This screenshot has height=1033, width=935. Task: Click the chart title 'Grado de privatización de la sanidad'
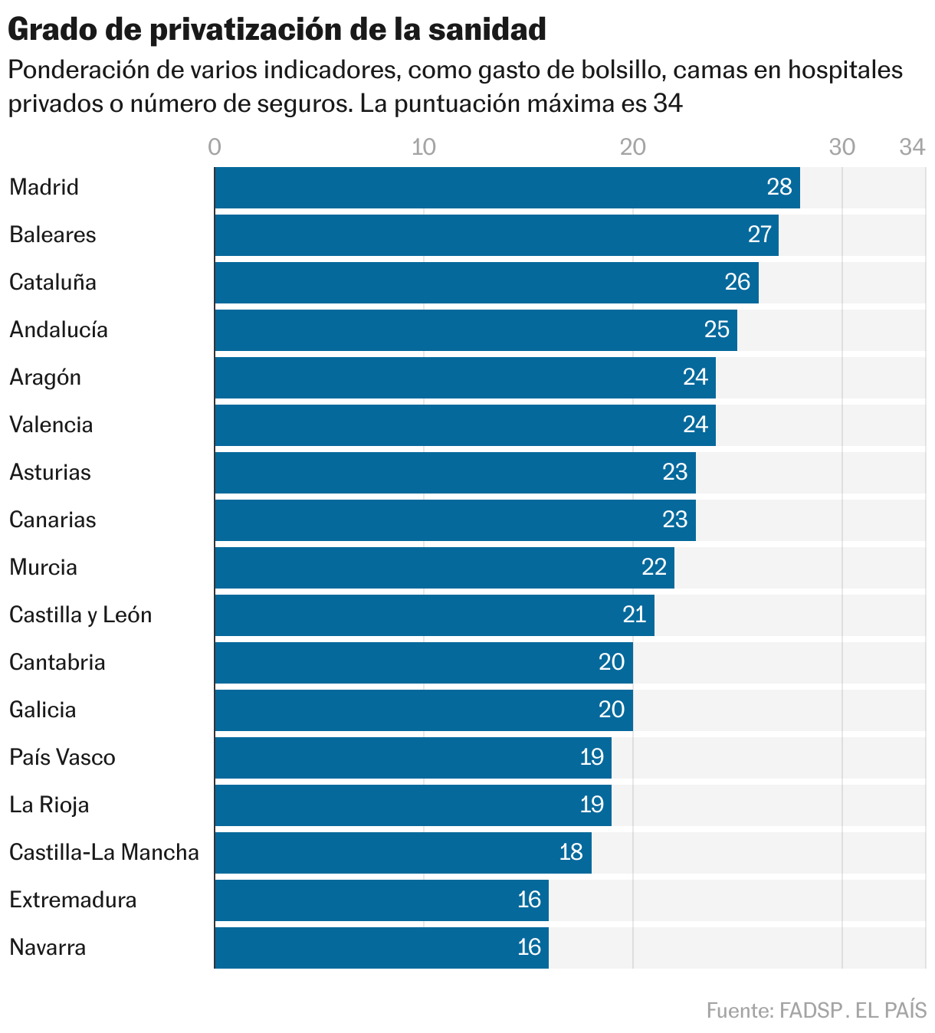pos(277,29)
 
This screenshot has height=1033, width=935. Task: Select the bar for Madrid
pos(506,188)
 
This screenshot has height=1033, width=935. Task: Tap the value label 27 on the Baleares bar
pos(759,234)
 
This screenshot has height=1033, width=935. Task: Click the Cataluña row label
pos(53,282)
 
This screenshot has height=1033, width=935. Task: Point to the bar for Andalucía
pos(475,330)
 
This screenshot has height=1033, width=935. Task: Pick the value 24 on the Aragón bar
pos(695,377)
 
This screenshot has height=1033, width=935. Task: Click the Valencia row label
pos(51,425)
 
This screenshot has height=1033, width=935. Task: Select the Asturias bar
pos(454,473)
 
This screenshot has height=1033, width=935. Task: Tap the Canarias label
pos(53,520)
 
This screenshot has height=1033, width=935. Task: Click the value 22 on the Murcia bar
pos(654,567)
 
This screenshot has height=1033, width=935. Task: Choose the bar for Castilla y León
pos(434,615)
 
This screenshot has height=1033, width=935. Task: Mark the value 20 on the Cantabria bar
pos(612,662)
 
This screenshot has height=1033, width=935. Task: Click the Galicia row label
pos(43,710)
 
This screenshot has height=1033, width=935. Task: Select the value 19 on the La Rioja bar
pos(592,805)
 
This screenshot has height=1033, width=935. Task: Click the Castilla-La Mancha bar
pos(402,853)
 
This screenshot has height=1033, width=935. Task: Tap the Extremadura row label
pos(73,900)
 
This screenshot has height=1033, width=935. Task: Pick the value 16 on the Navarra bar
pos(529,947)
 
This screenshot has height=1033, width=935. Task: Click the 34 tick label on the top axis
pos(912,147)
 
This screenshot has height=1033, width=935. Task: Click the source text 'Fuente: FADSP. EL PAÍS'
pos(816,1010)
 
